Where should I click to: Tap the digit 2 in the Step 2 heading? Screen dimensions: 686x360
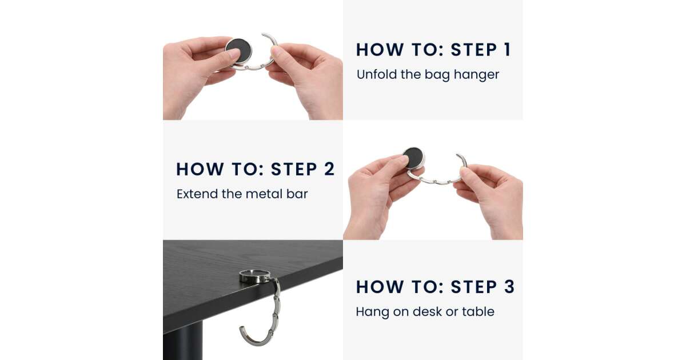tap(329, 169)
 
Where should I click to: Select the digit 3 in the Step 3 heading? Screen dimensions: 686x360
tap(509, 287)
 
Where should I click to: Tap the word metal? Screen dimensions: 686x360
tap(264, 194)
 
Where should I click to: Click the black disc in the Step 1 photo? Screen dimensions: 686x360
tap(239, 50)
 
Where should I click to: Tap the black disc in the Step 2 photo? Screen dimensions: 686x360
tap(413, 158)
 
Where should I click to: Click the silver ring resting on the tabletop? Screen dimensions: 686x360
tap(255, 276)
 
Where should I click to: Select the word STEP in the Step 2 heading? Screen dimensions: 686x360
tap(294, 169)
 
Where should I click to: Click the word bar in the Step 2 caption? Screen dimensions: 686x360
tap(297, 194)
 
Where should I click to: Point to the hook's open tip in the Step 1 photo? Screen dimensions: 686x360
tap(263, 34)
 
